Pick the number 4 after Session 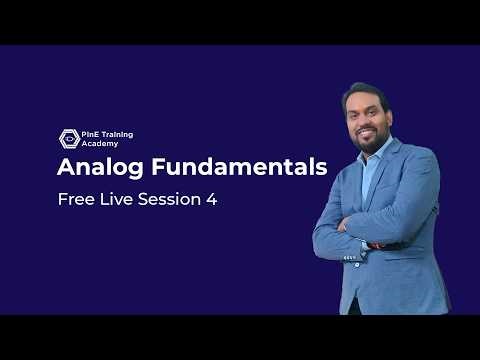(x=211, y=199)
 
